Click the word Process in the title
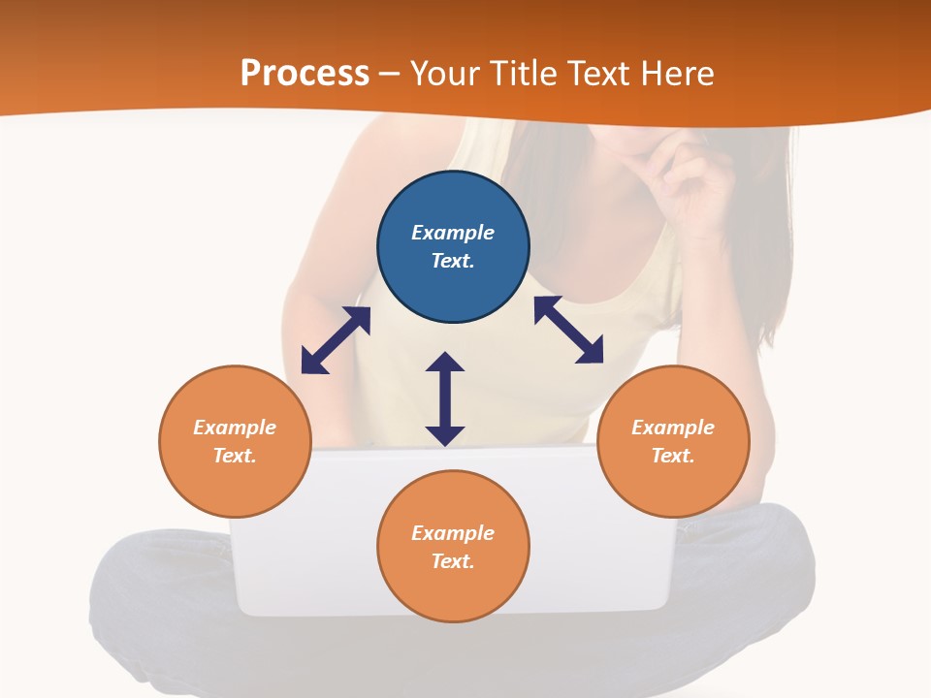pyautogui.click(x=305, y=74)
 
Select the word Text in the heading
pyautogui.click(x=597, y=74)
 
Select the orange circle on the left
pyautogui.click(x=235, y=485)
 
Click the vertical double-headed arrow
pyautogui.click(x=445, y=398)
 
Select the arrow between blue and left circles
pyautogui.click(x=336, y=340)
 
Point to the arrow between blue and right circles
pyautogui.click(x=568, y=330)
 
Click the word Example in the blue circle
pyautogui.click(x=453, y=233)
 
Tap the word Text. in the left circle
pyautogui.click(x=235, y=456)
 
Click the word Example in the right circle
pyautogui.click(x=673, y=428)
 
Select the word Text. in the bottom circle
pyautogui.click(x=453, y=561)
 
